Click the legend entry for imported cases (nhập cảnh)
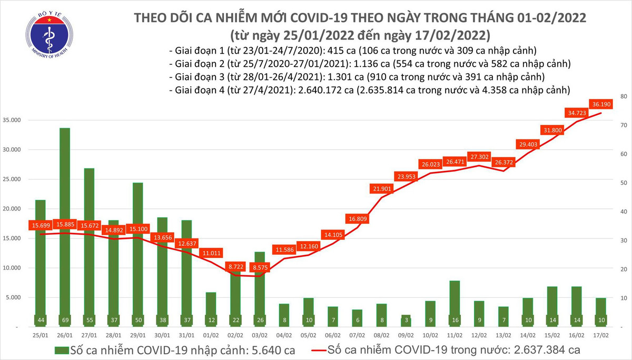174,349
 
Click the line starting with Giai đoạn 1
353,51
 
